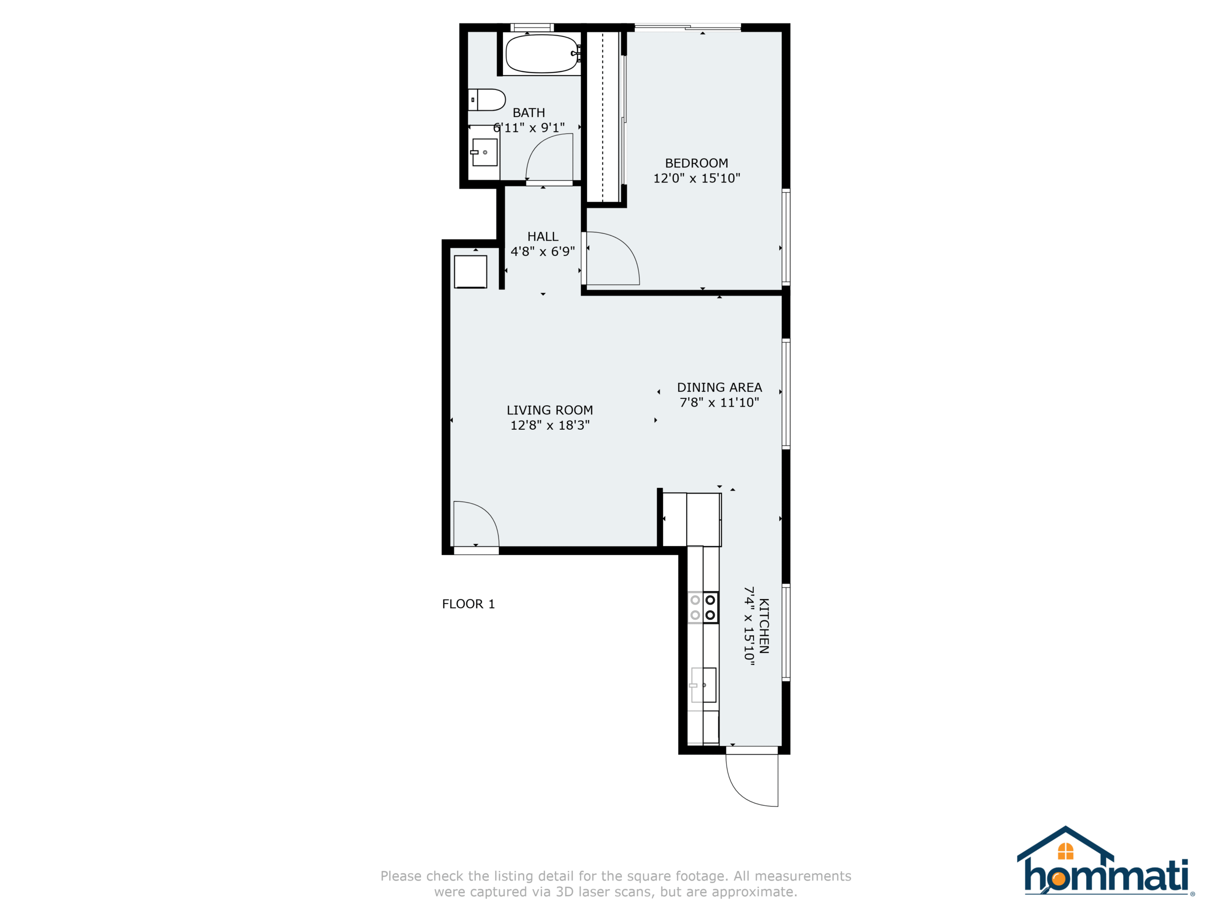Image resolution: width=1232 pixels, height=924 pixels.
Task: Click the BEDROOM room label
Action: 696,163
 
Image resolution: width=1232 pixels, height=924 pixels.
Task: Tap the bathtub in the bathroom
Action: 542,53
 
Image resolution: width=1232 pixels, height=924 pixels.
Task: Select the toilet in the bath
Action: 486,100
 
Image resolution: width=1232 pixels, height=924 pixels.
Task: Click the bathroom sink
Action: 484,152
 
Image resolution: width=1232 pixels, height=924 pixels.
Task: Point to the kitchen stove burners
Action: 703,607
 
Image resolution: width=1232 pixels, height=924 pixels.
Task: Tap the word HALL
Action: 542,237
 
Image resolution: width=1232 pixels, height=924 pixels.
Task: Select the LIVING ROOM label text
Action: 550,411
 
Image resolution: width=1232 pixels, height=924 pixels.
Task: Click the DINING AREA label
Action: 719,387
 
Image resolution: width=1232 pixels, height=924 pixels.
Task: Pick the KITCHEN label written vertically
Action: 764,626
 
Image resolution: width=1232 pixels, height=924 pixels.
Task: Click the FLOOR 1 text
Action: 468,604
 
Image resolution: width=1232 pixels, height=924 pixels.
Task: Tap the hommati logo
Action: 1105,861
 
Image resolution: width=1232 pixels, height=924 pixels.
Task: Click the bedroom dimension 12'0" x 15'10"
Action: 696,178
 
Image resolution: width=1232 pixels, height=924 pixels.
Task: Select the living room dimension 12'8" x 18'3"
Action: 550,425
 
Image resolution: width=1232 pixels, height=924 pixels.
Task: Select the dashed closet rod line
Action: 603,116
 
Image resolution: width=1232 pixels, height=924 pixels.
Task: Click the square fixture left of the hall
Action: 471,272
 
